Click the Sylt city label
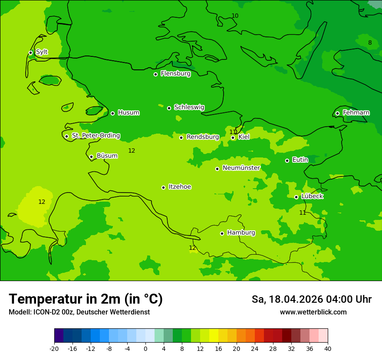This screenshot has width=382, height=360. tap(42, 52)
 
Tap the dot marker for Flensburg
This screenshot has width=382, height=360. tap(155, 74)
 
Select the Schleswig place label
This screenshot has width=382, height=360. tap(189, 107)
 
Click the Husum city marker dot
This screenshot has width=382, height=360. tap(112, 113)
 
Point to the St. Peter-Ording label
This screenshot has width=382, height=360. tap(95, 136)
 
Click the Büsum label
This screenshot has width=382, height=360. tap(107, 156)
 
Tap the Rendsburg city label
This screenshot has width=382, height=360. tap(203, 137)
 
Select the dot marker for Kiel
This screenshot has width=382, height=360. tap(233, 138)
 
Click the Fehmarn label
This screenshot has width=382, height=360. tap(356, 113)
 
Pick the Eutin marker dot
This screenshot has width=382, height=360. tap(287, 160)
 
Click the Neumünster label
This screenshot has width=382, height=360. tap(241, 168)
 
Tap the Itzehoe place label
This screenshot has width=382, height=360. tap(180, 187)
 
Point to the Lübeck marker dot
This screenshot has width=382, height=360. tap(296, 197)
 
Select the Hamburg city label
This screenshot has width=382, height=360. tap(241, 232)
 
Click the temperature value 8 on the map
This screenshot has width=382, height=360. tap(370, 43)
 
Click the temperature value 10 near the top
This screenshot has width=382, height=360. tap(235, 16)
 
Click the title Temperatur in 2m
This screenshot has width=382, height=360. tap(86, 299)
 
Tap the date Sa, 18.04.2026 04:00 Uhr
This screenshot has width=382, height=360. tap(311, 299)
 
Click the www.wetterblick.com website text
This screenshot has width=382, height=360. tap(313, 312)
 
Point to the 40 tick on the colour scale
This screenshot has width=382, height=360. tap(328, 348)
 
